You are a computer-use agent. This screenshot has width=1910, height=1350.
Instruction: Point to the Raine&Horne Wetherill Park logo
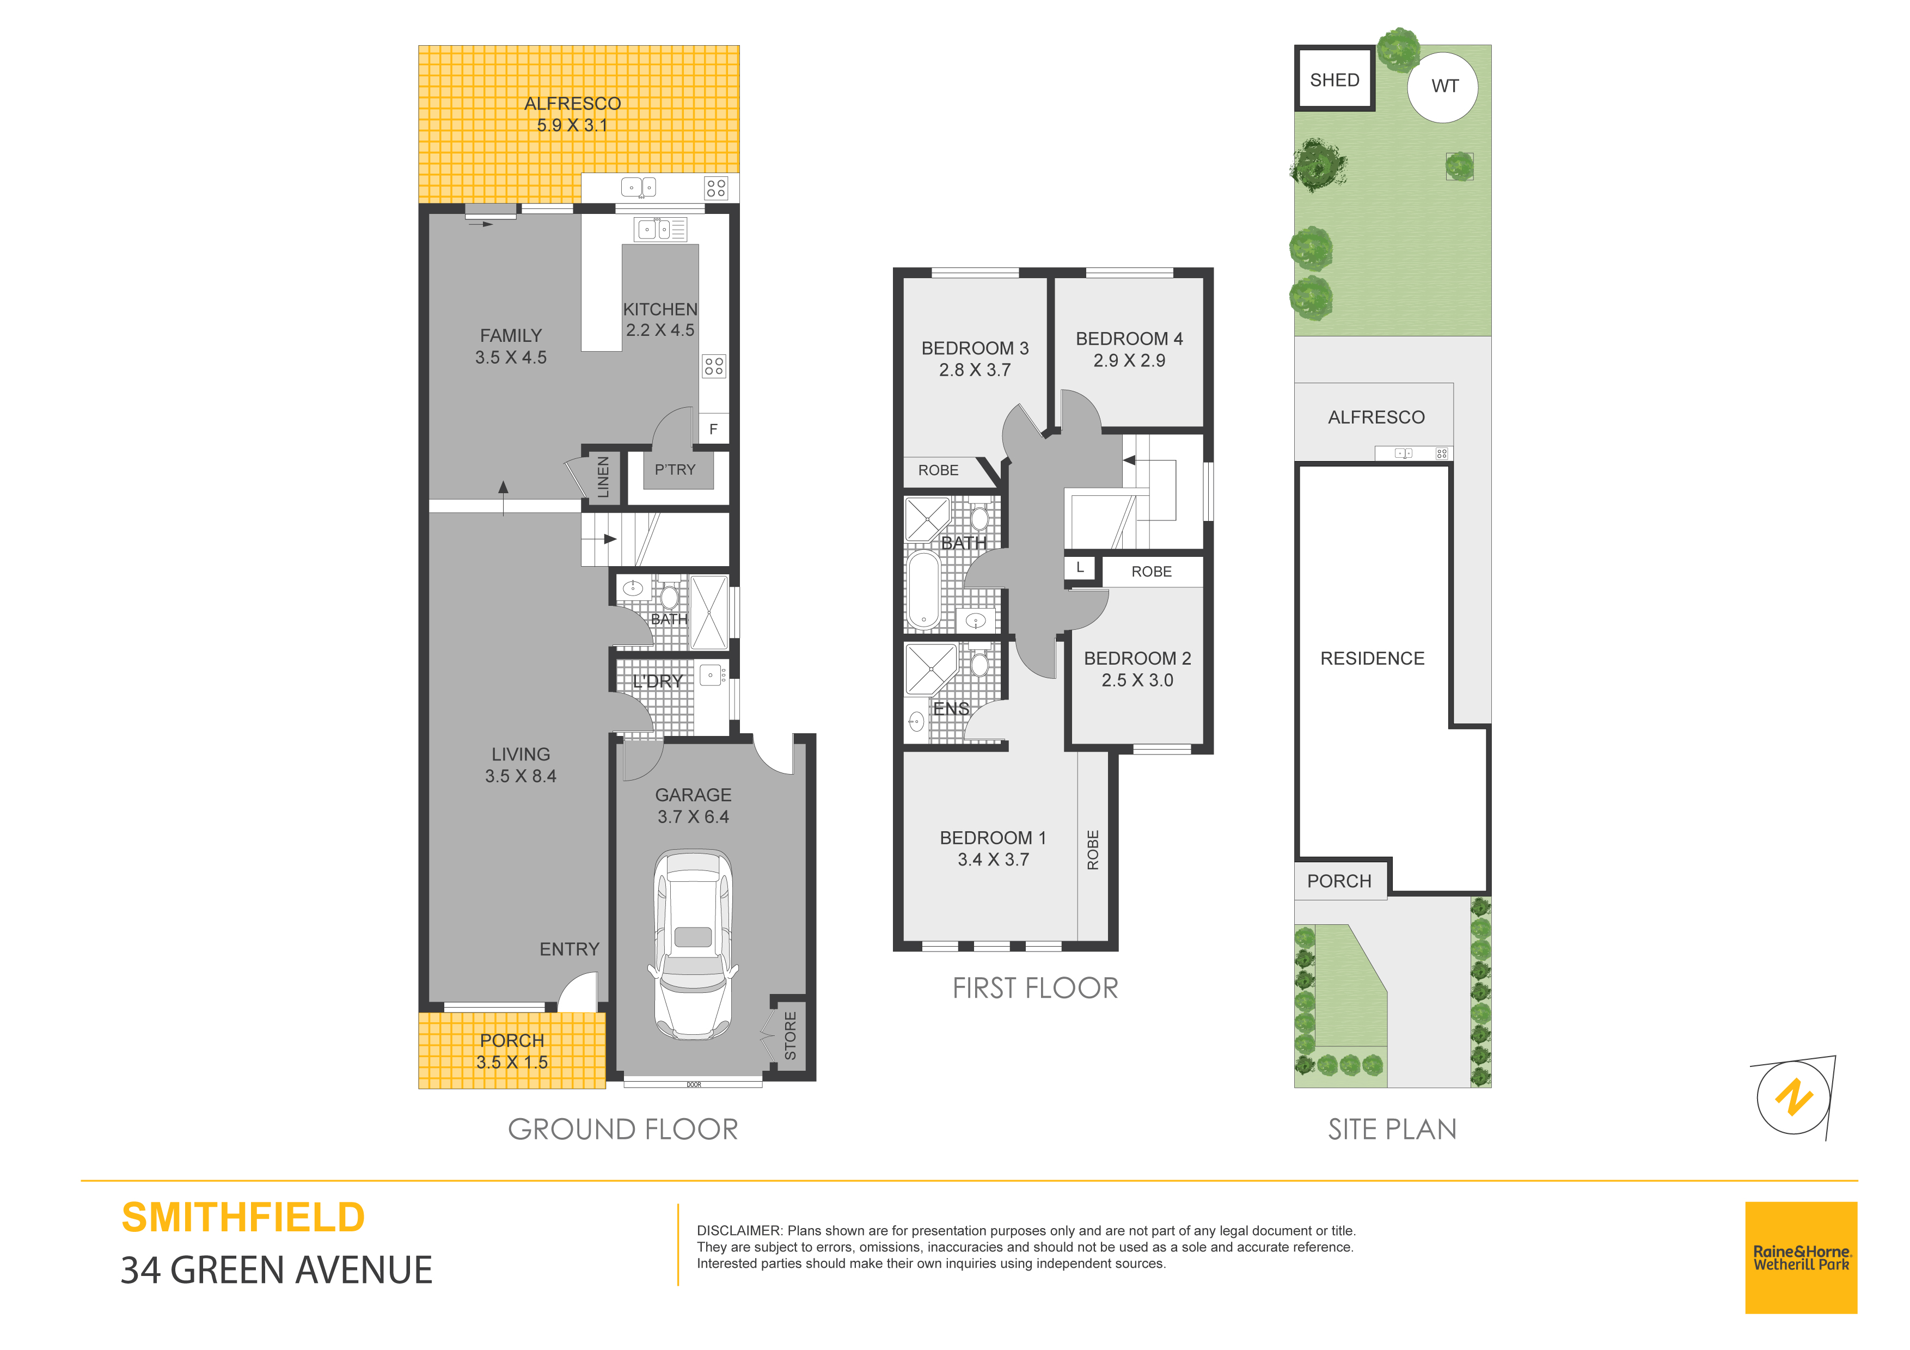pyautogui.click(x=1801, y=1257)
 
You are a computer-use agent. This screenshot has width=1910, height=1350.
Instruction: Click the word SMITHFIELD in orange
pyautogui.click(x=243, y=1218)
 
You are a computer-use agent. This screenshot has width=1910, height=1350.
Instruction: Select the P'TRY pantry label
pyautogui.click(x=675, y=470)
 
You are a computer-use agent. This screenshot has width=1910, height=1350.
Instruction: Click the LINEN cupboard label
pyautogui.click(x=603, y=477)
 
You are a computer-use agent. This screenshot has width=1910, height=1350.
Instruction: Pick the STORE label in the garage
pyautogui.click(x=790, y=1035)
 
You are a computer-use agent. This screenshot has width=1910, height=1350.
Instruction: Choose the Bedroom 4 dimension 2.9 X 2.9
pyautogui.click(x=1129, y=361)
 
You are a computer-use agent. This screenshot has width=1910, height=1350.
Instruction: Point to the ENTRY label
pyautogui.click(x=569, y=949)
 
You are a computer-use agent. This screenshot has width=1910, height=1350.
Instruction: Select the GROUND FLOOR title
pyautogui.click(x=623, y=1130)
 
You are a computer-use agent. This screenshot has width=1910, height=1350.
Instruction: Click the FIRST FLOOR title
pyautogui.click(x=1035, y=988)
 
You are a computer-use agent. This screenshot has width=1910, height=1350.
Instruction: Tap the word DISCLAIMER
pyautogui.click(x=739, y=1231)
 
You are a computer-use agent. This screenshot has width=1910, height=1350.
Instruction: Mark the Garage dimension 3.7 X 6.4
pyautogui.click(x=693, y=818)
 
